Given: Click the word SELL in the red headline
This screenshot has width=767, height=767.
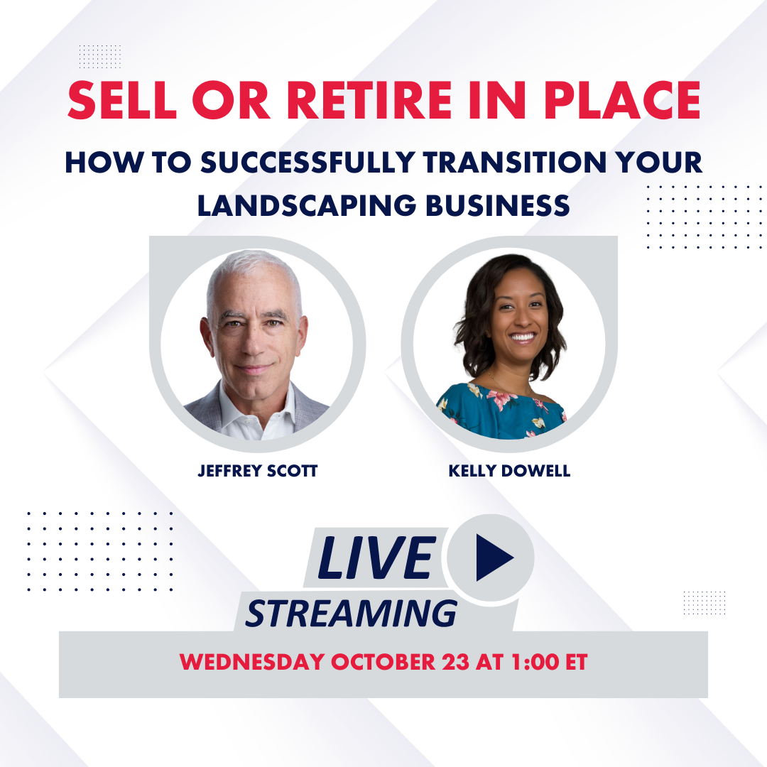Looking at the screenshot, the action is click(x=122, y=100).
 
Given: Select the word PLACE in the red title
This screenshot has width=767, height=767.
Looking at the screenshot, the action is click(x=622, y=100).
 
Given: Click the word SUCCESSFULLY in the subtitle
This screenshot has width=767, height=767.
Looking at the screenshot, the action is click(x=308, y=163).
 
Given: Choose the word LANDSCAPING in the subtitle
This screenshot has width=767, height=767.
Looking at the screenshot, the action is click(x=307, y=206).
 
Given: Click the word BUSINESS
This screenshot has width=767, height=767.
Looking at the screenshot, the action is click(x=498, y=206).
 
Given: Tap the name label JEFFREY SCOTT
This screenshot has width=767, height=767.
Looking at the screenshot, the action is click(x=258, y=471).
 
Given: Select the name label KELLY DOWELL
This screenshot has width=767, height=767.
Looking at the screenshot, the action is click(x=509, y=471).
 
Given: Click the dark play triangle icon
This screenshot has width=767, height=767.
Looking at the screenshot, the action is click(x=493, y=557).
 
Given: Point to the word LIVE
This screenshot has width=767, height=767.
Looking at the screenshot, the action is click(x=376, y=557).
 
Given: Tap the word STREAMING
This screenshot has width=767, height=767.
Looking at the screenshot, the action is click(x=352, y=614).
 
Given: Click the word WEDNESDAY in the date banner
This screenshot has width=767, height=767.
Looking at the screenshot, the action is click(x=252, y=663).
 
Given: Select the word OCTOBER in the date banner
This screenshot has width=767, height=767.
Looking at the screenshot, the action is click(x=383, y=663).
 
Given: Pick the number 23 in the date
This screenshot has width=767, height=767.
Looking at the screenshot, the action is click(x=455, y=663).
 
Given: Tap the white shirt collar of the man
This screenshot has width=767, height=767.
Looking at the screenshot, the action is click(x=256, y=415).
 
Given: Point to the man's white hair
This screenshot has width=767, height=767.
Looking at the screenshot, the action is click(x=253, y=274).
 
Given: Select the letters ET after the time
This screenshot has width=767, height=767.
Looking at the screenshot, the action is click(x=577, y=663).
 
